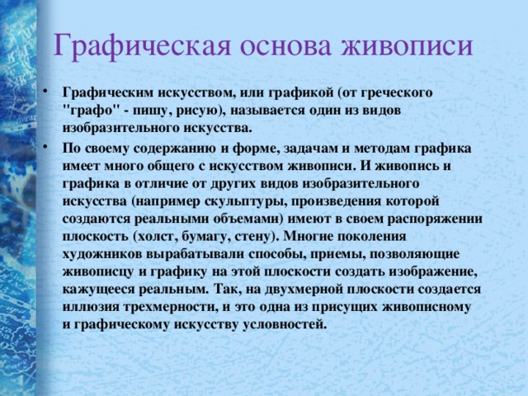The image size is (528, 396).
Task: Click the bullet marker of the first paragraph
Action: (x=53, y=91)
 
